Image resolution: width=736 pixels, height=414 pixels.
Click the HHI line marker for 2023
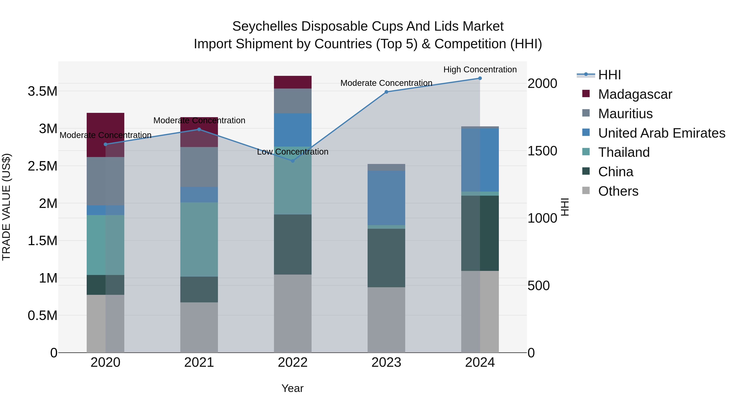click(x=386, y=92)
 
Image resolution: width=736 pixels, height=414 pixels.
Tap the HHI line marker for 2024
click(x=480, y=78)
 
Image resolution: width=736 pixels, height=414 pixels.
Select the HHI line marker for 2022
click(x=293, y=161)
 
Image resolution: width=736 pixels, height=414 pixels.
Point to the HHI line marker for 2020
click(x=105, y=144)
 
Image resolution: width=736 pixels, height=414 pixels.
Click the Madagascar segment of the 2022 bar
click(x=293, y=82)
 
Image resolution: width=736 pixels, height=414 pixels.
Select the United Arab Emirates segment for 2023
click(x=386, y=198)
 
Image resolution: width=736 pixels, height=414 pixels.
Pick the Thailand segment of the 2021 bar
click(x=199, y=239)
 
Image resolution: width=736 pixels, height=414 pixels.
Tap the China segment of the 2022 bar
click(x=293, y=245)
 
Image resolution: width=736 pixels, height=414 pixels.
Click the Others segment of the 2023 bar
click(x=386, y=320)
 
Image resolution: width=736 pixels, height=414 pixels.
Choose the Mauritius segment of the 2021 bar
click(x=199, y=167)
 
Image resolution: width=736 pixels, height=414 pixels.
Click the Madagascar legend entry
click(x=635, y=94)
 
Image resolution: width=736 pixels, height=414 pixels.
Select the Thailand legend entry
click(x=624, y=152)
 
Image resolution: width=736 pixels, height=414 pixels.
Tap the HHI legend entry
click(x=609, y=75)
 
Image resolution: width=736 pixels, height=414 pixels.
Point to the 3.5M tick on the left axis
click(x=43, y=91)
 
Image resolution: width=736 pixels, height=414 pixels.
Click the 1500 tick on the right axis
click(x=542, y=151)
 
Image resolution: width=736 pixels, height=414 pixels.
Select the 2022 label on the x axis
click(x=293, y=362)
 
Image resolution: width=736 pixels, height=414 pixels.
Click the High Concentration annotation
click(x=480, y=70)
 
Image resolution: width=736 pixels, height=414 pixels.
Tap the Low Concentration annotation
click(x=293, y=152)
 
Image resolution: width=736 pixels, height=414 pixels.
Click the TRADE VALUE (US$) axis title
click(x=6, y=207)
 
